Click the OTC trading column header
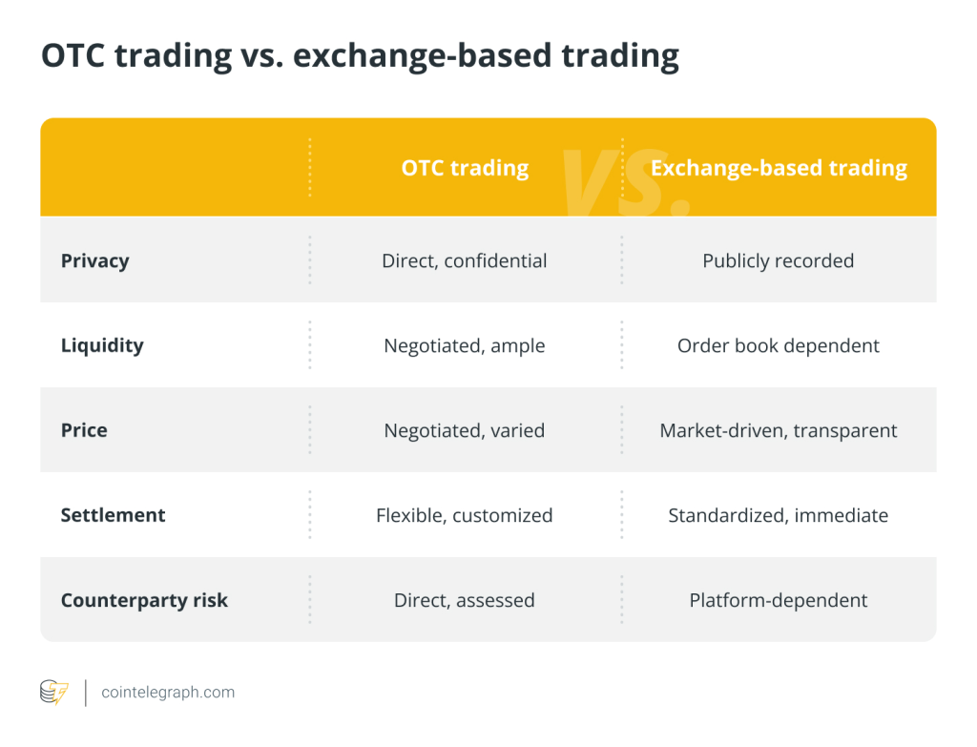(x=465, y=168)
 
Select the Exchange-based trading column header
(x=779, y=168)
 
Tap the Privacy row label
(x=94, y=261)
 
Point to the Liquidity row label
(x=102, y=345)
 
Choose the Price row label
(x=84, y=430)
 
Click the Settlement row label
(x=113, y=515)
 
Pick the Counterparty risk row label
(x=144, y=601)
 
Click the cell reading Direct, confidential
(x=465, y=261)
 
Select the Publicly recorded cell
(x=779, y=261)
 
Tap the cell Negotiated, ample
(x=465, y=345)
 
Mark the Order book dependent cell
(x=779, y=345)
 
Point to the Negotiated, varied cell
(x=465, y=430)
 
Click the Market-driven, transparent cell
(x=779, y=430)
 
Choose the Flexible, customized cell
(x=465, y=515)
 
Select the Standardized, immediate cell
(x=779, y=515)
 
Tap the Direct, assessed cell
(x=465, y=600)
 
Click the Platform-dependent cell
(x=779, y=600)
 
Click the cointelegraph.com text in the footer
(x=168, y=693)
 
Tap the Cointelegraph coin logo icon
(x=54, y=693)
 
